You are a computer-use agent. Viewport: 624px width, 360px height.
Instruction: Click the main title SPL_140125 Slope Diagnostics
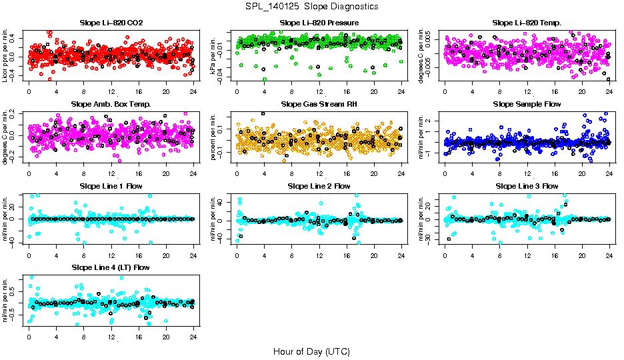pos(311,6)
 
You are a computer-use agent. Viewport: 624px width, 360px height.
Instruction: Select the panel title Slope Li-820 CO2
pos(111,23)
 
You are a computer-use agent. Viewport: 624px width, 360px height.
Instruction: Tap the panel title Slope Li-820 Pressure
pos(319,23)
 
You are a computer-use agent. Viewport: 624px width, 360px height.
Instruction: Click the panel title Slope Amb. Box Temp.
pos(111,105)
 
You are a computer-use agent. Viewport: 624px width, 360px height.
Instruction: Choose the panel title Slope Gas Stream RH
pos(319,105)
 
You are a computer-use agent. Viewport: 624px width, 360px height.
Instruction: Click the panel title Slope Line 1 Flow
pos(111,186)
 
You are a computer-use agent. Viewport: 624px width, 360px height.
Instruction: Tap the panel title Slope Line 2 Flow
pos(319,186)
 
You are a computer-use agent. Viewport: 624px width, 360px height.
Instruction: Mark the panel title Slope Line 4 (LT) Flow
pos(111,267)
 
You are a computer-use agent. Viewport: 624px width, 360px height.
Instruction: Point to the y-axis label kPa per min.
pos(214,55)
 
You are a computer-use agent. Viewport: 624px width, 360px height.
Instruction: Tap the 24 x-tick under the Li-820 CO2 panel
pos(193,92)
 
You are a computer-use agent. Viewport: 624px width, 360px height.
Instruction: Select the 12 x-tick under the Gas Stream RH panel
pos(319,173)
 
